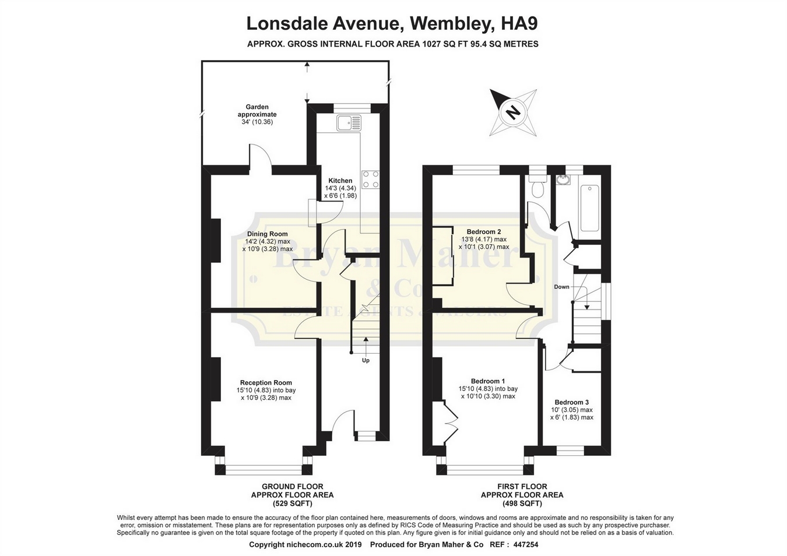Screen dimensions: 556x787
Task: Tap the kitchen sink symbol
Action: click(x=349, y=123)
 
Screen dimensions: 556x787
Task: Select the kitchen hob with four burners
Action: click(x=370, y=179)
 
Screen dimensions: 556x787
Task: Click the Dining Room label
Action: click(x=267, y=234)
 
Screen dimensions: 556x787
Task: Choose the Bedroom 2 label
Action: click(x=483, y=231)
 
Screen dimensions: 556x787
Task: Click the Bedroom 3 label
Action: click(x=571, y=402)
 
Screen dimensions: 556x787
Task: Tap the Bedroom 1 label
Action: click(x=488, y=381)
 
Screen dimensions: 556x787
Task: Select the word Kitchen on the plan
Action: click(x=340, y=181)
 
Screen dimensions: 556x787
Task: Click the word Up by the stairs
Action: click(x=366, y=360)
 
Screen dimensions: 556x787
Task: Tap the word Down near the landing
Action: click(x=561, y=287)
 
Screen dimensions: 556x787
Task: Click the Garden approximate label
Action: click(x=257, y=111)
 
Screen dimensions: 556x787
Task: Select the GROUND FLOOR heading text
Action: click(x=292, y=486)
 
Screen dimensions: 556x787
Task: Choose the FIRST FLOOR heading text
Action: click(x=522, y=486)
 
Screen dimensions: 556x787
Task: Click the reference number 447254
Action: click(x=523, y=544)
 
